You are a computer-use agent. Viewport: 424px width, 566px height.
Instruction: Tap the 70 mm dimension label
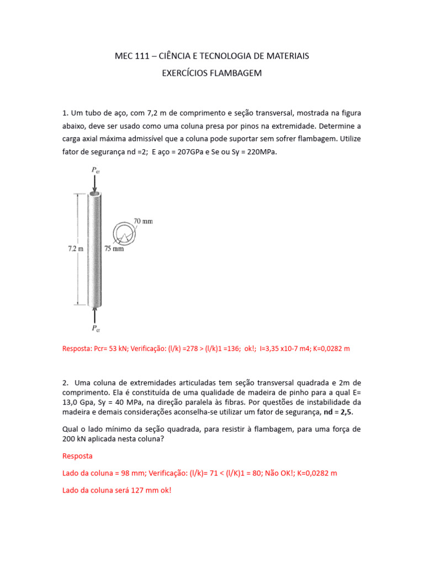[143, 221]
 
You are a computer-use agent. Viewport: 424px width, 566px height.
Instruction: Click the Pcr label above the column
[95, 171]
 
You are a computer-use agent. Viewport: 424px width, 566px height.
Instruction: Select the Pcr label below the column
[96, 328]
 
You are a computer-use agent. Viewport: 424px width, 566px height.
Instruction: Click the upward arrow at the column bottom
[95, 315]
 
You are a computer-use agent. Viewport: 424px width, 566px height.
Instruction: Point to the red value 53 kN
[117, 349]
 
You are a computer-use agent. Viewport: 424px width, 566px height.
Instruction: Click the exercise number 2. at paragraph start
[66, 382]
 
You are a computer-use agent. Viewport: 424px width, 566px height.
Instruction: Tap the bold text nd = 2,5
[337, 412]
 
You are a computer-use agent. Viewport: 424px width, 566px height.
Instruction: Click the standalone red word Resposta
[77, 456]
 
